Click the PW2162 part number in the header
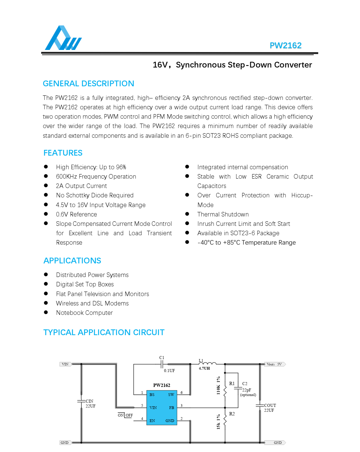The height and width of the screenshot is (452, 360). [x=285, y=45]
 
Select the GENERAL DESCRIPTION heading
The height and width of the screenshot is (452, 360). [x=88, y=84]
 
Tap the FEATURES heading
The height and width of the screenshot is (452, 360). [x=63, y=153]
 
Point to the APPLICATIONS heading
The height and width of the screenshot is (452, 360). [x=72, y=261]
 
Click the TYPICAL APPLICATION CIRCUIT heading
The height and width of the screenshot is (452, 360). [x=104, y=332]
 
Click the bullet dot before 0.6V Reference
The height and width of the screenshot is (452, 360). [x=46, y=214]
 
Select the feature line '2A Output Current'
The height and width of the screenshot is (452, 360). [x=81, y=186]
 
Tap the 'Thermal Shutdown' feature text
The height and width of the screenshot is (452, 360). [x=223, y=214]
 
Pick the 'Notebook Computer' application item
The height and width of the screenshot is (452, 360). [x=84, y=313]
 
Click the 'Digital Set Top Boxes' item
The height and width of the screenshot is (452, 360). [x=85, y=284]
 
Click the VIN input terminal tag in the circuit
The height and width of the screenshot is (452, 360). [x=65, y=364]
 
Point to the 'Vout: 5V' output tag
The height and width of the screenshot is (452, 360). [x=274, y=364]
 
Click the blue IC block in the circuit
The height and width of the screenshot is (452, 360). [x=162, y=407]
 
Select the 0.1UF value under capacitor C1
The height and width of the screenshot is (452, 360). [x=169, y=371]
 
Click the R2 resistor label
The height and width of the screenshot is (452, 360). [x=232, y=414]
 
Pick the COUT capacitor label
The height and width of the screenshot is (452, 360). [x=270, y=405]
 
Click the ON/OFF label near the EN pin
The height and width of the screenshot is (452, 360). [x=125, y=415]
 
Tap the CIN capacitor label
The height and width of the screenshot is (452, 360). [x=90, y=401]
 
